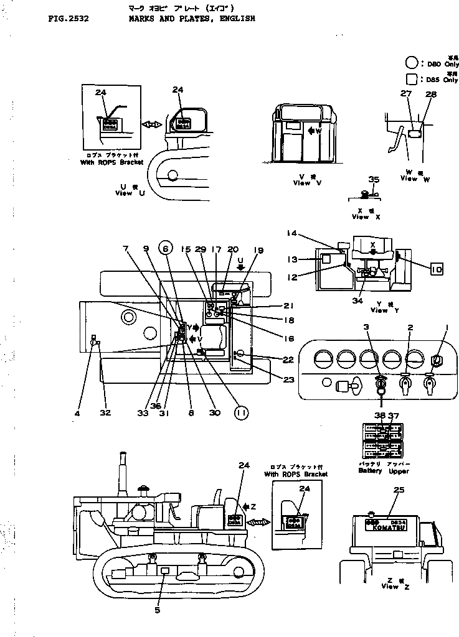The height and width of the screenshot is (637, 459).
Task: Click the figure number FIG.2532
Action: coord(68,19)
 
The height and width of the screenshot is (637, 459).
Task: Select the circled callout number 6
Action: coord(165,249)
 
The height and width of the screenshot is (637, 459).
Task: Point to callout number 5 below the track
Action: coord(157,610)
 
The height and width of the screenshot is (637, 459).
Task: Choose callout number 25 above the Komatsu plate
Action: coord(399,490)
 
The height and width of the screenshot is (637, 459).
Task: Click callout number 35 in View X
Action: coord(373,180)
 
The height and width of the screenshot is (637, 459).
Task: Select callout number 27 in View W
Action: coord(406,95)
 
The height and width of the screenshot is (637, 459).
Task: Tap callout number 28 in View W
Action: coord(431,95)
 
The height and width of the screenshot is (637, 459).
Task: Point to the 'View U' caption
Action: coord(132,190)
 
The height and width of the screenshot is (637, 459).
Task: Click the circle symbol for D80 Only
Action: coord(412,62)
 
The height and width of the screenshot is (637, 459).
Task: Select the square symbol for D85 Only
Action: coord(412,79)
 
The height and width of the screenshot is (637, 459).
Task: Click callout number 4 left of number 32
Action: coord(78,412)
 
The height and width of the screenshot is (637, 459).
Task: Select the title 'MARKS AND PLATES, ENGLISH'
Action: coord(192,19)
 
